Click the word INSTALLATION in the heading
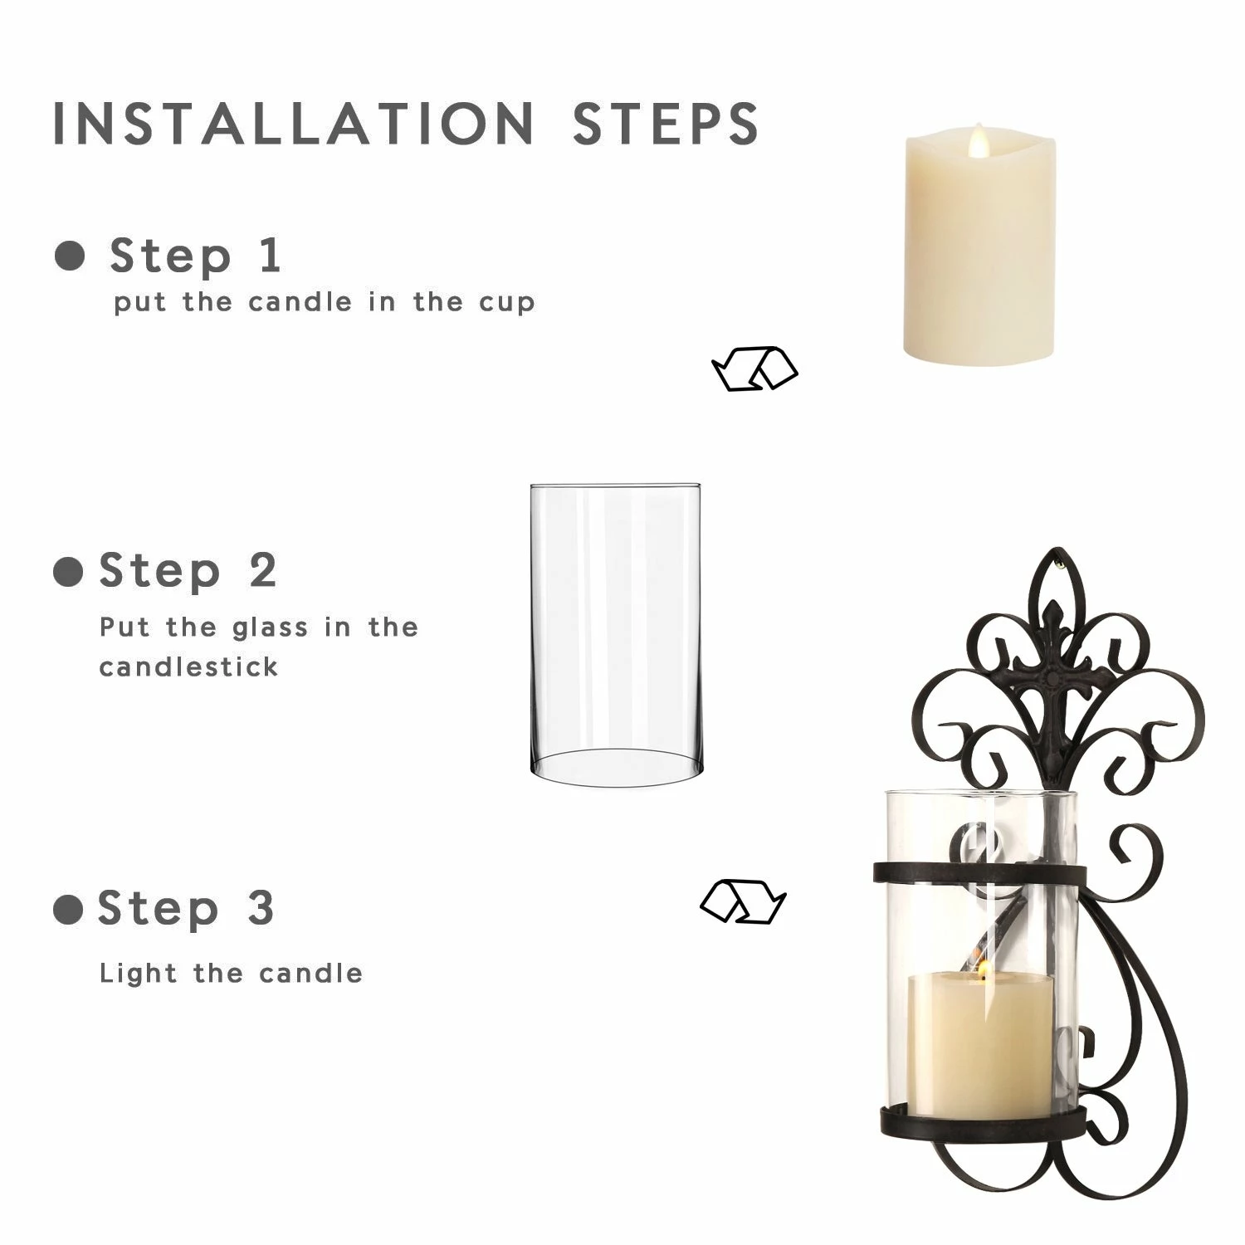pyautogui.click(x=293, y=124)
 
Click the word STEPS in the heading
pyautogui.click(x=666, y=124)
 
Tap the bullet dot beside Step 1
pyautogui.click(x=70, y=256)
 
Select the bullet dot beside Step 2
pyautogui.click(x=68, y=572)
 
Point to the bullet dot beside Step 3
pyautogui.click(x=68, y=910)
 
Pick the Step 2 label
pyautogui.click(x=188, y=571)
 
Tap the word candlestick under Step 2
pyautogui.click(x=188, y=666)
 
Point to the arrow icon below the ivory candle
pyautogui.click(x=754, y=369)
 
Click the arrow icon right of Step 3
pyautogui.click(x=743, y=901)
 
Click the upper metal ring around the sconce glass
pyautogui.click(x=979, y=874)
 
